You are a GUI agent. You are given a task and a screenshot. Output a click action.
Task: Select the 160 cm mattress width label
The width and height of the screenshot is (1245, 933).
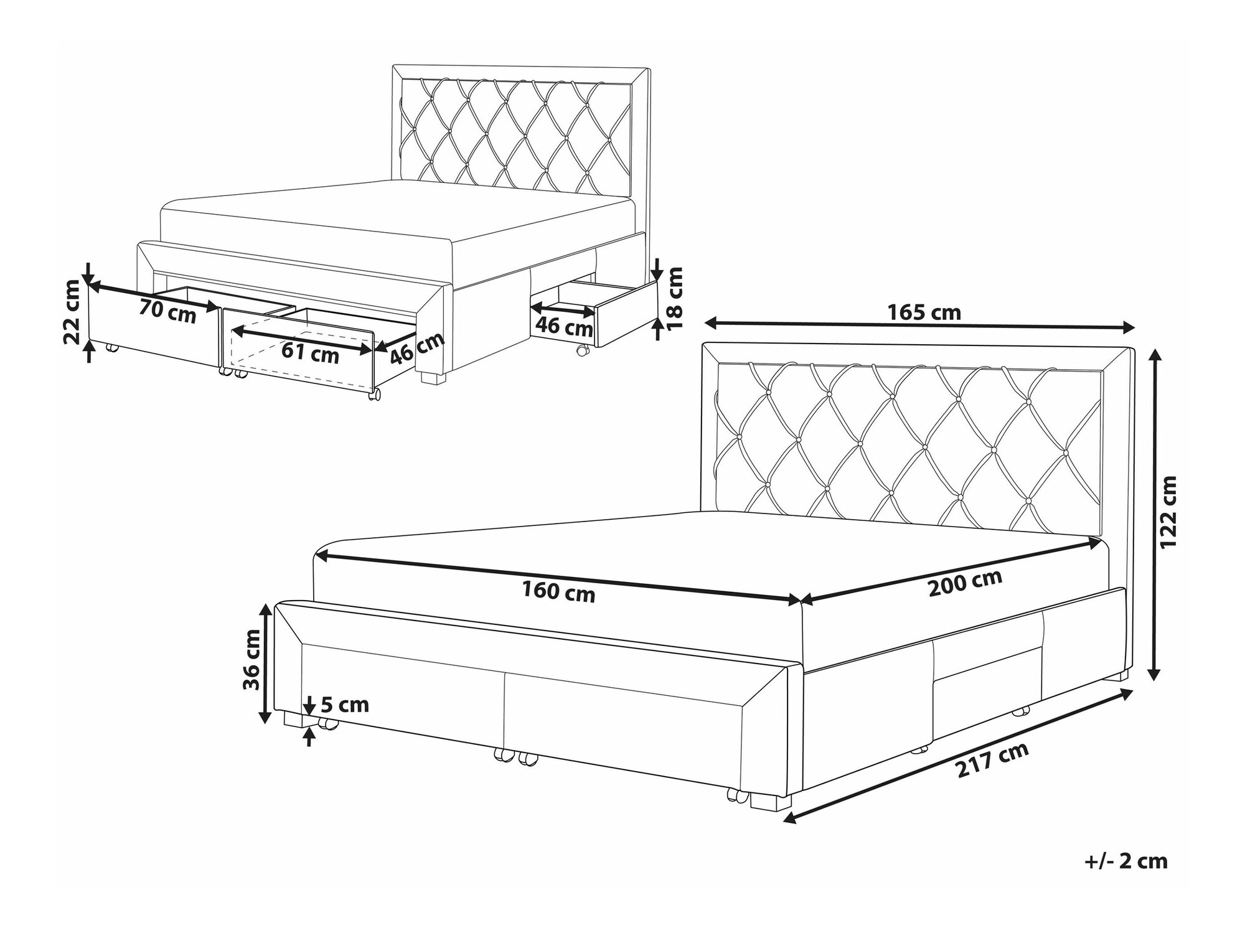click(x=558, y=591)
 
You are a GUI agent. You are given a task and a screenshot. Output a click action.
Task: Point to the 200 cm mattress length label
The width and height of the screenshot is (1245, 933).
click(x=965, y=583)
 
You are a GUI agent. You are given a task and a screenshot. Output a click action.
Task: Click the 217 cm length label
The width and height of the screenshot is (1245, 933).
click(x=992, y=760)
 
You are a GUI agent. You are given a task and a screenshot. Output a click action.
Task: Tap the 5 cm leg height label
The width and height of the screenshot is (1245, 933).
click(x=345, y=705)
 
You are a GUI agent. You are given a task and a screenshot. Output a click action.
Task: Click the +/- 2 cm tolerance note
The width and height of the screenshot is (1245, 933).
click(x=1126, y=861)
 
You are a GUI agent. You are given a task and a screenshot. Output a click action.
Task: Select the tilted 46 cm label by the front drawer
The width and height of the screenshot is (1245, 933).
click(x=418, y=348)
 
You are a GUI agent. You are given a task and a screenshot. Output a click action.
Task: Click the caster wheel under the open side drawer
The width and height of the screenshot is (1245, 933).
click(x=582, y=350)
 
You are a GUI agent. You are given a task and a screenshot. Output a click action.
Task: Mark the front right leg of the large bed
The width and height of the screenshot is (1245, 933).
click(x=766, y=801)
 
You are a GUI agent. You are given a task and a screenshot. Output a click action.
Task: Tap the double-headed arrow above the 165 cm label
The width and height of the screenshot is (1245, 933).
click(x=919, y=325)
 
